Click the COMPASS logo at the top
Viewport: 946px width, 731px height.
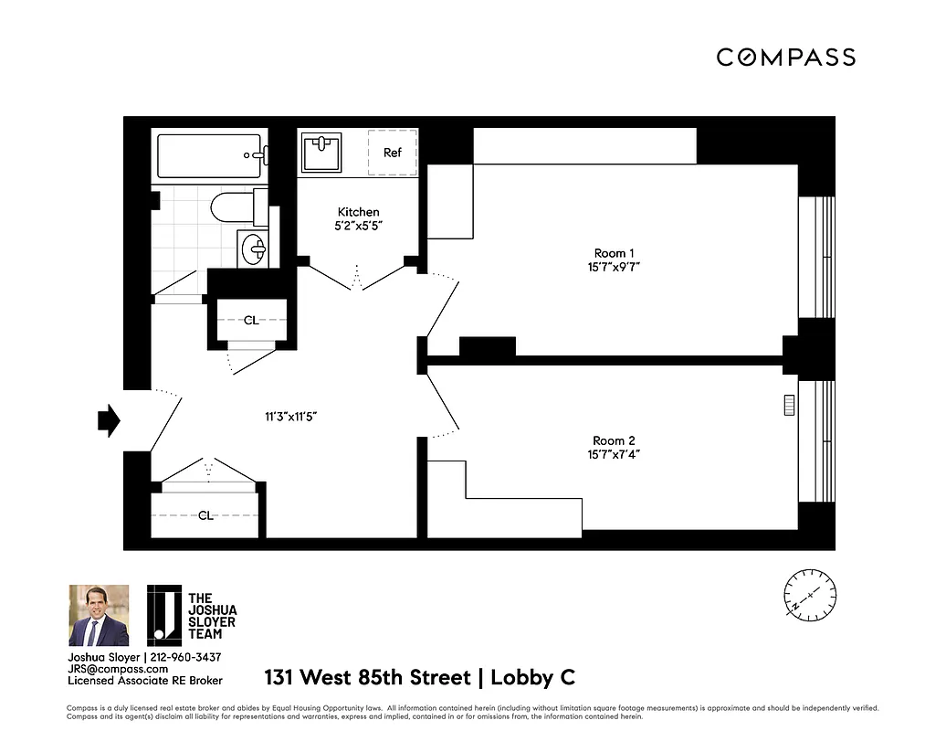(785, 58)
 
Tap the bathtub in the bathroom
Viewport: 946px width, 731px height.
(211, 156)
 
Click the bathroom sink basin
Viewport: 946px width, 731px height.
(255, 247)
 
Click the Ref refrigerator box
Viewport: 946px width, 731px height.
(392, 153)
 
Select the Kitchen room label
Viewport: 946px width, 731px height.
(358, 212)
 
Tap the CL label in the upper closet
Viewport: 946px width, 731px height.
(251, 321)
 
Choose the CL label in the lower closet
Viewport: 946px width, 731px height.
(206, 515)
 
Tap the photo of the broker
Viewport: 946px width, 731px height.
(99, 615)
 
